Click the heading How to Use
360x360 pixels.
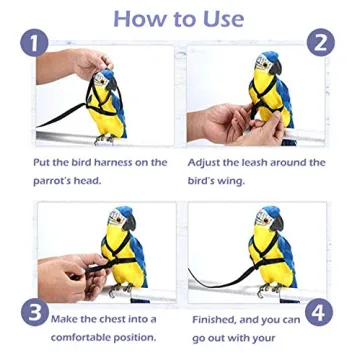click(179, 18)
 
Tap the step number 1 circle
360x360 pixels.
click(33, 43)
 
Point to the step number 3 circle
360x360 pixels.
click(33, 313)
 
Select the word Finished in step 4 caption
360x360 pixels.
click(217, 318)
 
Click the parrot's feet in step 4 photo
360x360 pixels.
click(268, 290)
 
